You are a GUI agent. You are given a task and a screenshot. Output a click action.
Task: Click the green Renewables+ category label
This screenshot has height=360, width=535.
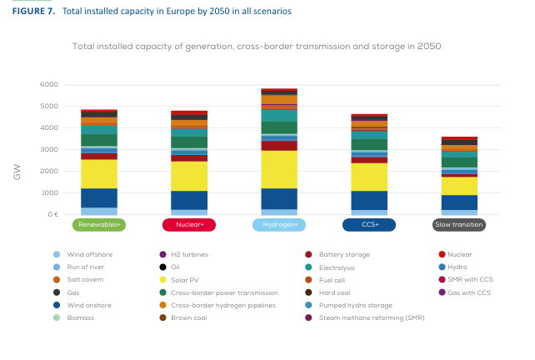click(x=98, y=224)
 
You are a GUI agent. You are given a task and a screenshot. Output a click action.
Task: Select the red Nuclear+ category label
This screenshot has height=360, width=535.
click(x=189, y=224)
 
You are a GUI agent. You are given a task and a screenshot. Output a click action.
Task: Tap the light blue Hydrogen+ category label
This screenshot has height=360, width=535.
click(x=279, y=224)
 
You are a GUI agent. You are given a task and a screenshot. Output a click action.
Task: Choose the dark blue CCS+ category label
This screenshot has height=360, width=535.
click(x=369, y=224)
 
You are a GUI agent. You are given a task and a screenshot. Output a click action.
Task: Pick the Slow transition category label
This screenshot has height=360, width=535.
click(x=459, y=224)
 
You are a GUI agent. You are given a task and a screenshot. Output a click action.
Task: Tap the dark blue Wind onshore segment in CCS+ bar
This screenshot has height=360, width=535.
click(x=369, y=200)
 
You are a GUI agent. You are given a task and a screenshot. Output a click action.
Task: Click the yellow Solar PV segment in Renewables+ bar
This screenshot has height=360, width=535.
click(x=98, y=173)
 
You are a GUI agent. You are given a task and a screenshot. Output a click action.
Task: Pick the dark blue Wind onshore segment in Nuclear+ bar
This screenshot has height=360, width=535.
click(x=189, y=200)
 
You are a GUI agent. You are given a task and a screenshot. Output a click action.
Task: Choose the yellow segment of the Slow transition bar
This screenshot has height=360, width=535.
click(x=459, y=186)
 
